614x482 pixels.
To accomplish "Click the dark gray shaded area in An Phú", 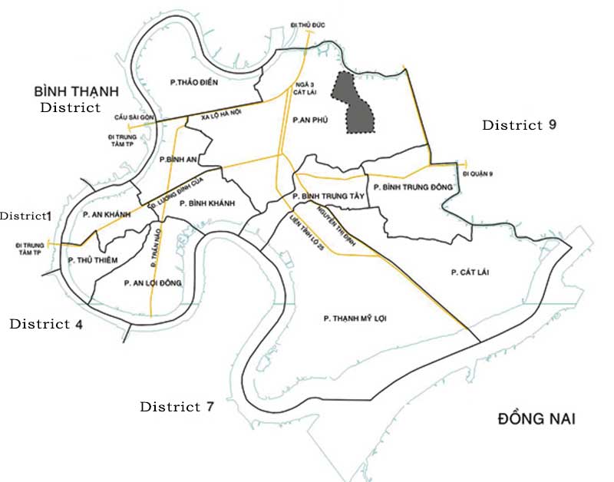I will click(x=353, y=103).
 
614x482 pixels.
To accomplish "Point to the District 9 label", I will click(x=519, y=125).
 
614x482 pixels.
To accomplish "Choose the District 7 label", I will click(x=177, y=407).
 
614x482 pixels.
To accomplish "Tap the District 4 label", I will click(x=46, y=324).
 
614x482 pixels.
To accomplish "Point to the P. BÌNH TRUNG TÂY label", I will click(x=332, y=197).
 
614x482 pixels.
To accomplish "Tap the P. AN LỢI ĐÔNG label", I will click(x=153, y=283).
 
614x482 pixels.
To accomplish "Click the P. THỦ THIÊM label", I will click(x=93, y=260).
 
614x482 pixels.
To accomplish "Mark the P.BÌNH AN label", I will click(x=176, y=160).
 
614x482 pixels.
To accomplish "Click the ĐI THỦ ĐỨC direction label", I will click(x=309, y=25).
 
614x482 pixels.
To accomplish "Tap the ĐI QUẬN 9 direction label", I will click(x=478, y=174).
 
